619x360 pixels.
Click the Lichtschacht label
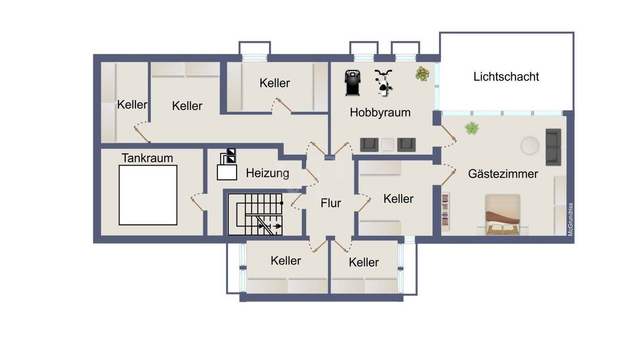point(506,77)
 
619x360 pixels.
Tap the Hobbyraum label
point(380,113)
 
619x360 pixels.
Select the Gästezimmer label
point(503,174)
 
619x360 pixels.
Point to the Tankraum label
point(147,158)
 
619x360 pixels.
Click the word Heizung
point(267,173)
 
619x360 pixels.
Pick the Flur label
point(331,203)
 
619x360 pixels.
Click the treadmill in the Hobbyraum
point(352,83)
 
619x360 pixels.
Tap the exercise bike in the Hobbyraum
point(383,82)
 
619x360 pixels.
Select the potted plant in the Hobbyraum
point(423,74)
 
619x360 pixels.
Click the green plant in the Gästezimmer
point(472,128)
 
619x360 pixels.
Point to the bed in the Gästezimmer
point(503,215)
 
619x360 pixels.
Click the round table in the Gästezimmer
point(530,146)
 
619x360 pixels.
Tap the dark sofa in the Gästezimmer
point(553,147)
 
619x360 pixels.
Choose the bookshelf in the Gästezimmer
point(445,212)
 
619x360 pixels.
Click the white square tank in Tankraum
point(148,195)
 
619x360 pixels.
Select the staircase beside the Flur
point(255,214)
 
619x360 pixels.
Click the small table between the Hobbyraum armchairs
point(388,145)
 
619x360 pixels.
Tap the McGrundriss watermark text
point(570,219)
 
